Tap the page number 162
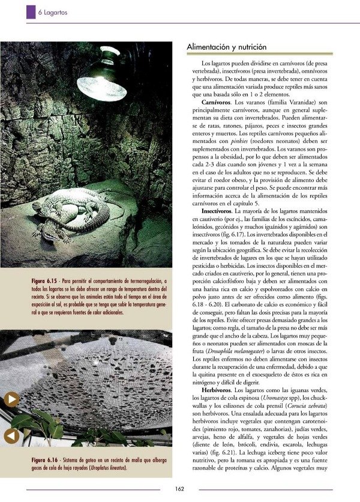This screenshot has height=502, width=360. (x=179, y=488)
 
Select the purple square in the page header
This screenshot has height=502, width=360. (x=31, y=11)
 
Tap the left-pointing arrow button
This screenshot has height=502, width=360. (x=11, y=436)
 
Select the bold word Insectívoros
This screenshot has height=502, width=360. (x=221, y=213)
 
